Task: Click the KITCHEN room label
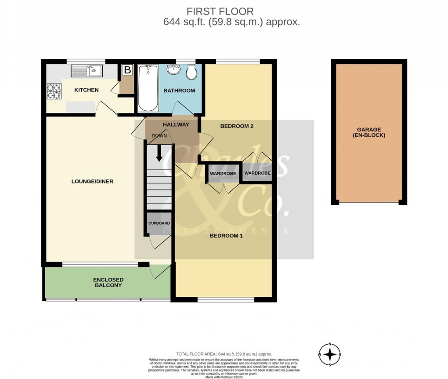point(86,90)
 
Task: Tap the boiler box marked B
point(127,70)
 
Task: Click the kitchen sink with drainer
point(87,70)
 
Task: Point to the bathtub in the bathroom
point(148,88)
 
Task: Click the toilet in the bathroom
point(191,72)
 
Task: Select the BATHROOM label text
point(179,91)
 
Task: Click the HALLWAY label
point(176,124)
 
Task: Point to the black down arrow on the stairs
point(159,153)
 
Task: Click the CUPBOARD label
point(159,223)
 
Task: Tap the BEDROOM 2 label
point(237,126)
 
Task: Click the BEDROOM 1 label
point(226,236)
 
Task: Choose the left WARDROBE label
point(223,174)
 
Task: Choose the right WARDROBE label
point(257,173)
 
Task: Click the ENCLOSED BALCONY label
point(108,282)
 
